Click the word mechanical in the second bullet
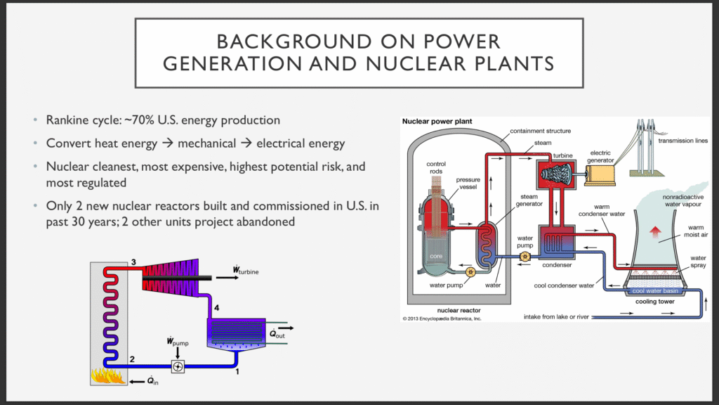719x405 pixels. click(207, 143)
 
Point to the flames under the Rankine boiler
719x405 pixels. click(108, 375)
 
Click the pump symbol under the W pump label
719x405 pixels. click(178, 366)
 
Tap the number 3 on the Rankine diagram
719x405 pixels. click(133, 262)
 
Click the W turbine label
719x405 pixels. click(245, 270)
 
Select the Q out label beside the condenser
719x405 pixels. click(277, 334)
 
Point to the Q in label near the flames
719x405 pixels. click(152, 381)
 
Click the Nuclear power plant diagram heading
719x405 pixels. click(437, 121)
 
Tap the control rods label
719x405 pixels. click(436, 167)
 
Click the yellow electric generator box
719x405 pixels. click(600, 175)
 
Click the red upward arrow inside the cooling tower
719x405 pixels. click(655, 231)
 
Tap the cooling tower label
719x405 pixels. click(655, 302)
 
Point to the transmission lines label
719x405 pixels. click(682, 141)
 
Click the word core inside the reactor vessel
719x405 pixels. click(436, 256)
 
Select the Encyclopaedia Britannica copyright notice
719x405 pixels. click(442, 319)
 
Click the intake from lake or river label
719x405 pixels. click(556, 317)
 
